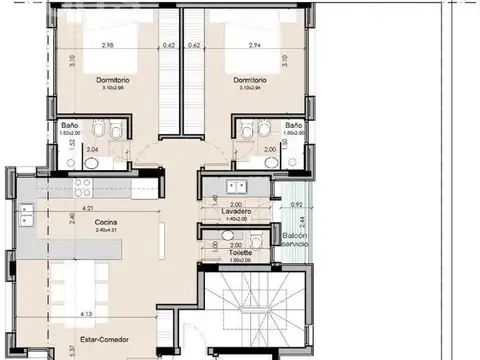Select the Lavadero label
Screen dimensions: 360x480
(x=237, y=212)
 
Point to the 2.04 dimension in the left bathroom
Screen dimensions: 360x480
(x=92, y=150)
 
